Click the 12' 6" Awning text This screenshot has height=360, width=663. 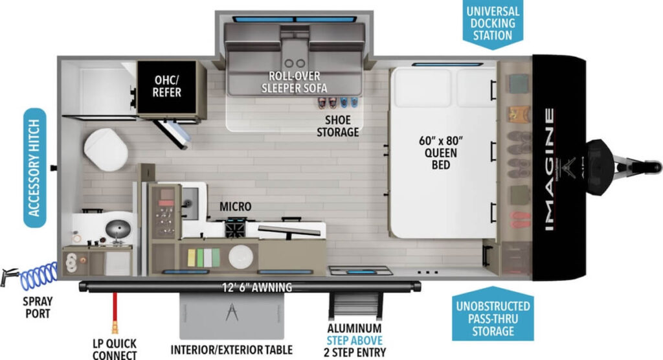[x=255, y=287]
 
